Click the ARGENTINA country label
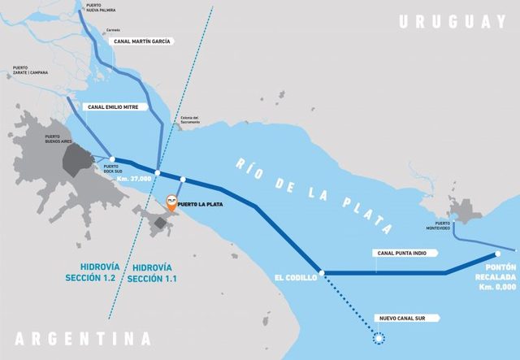pyautogui.click(x=82, y=338)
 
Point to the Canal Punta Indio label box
pyautogui.click(x=403, y=253)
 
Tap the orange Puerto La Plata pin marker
pyautogui.click(x=171, y=202)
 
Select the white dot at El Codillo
pyautogui.click(x=323, y=273)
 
